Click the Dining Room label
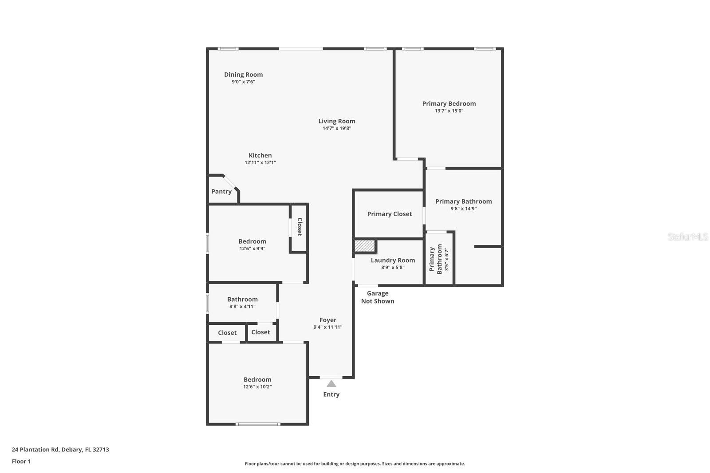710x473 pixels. [x=243, y=75]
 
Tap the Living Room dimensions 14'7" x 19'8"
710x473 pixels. [x=337, y=128]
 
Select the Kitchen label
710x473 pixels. [x=260, y=155]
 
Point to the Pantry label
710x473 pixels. [x=221, y=192]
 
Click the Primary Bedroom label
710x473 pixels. [x=449, y=103]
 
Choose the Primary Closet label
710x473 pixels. [x=389, y=214]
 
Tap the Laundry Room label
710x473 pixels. [x=393, y=260]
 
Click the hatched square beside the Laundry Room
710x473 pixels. [x=365, y=246]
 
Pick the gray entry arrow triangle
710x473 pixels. [x=331, y=384]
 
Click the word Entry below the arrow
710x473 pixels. [x=331, y=394]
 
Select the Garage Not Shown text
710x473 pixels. [x=378, y=297]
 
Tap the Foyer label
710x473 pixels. [x=328, y=320]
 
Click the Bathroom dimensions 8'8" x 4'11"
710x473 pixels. [x=242, y=307]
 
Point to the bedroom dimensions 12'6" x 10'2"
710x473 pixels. [x=257, y=387]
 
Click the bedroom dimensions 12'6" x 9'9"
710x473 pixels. [x=252, y=249]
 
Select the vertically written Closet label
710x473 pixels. [x=300, y=227]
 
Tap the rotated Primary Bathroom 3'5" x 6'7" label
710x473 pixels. [x=439, y=259]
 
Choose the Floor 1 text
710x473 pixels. [x=21, y=461]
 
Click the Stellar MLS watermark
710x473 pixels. [x=687, y=237]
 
